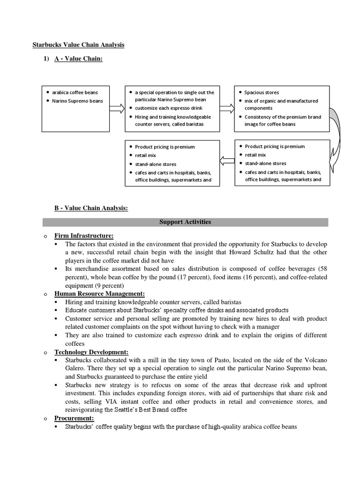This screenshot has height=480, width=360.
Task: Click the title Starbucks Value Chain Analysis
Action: click(78, 45)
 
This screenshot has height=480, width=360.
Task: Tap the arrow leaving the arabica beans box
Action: click(117, 108)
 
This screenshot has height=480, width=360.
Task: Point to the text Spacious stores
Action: click(262, 93)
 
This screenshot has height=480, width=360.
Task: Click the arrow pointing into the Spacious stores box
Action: click(227, 108)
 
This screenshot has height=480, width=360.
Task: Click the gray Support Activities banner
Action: click(185, 222)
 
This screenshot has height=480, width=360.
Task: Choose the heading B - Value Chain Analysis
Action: click(91, 208)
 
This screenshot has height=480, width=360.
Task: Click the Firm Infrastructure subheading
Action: click(84, 236)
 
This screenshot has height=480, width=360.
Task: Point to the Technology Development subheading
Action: click(91, 352)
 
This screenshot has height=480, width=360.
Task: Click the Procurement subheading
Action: click(74, 418)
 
